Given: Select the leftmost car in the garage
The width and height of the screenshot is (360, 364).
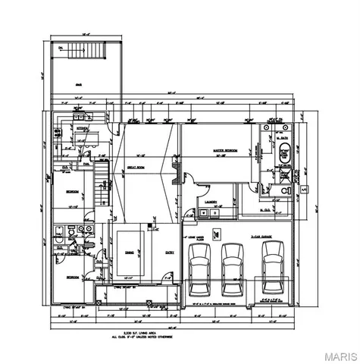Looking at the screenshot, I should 199,268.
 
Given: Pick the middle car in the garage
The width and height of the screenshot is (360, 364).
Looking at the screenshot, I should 233,268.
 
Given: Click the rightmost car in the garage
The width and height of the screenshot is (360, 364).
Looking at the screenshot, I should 272,268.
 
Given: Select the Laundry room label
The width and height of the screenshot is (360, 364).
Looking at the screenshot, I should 212,202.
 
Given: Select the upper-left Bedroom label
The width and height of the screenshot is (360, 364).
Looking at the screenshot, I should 74,191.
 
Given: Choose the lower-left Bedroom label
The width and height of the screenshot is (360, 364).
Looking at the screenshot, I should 71,278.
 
